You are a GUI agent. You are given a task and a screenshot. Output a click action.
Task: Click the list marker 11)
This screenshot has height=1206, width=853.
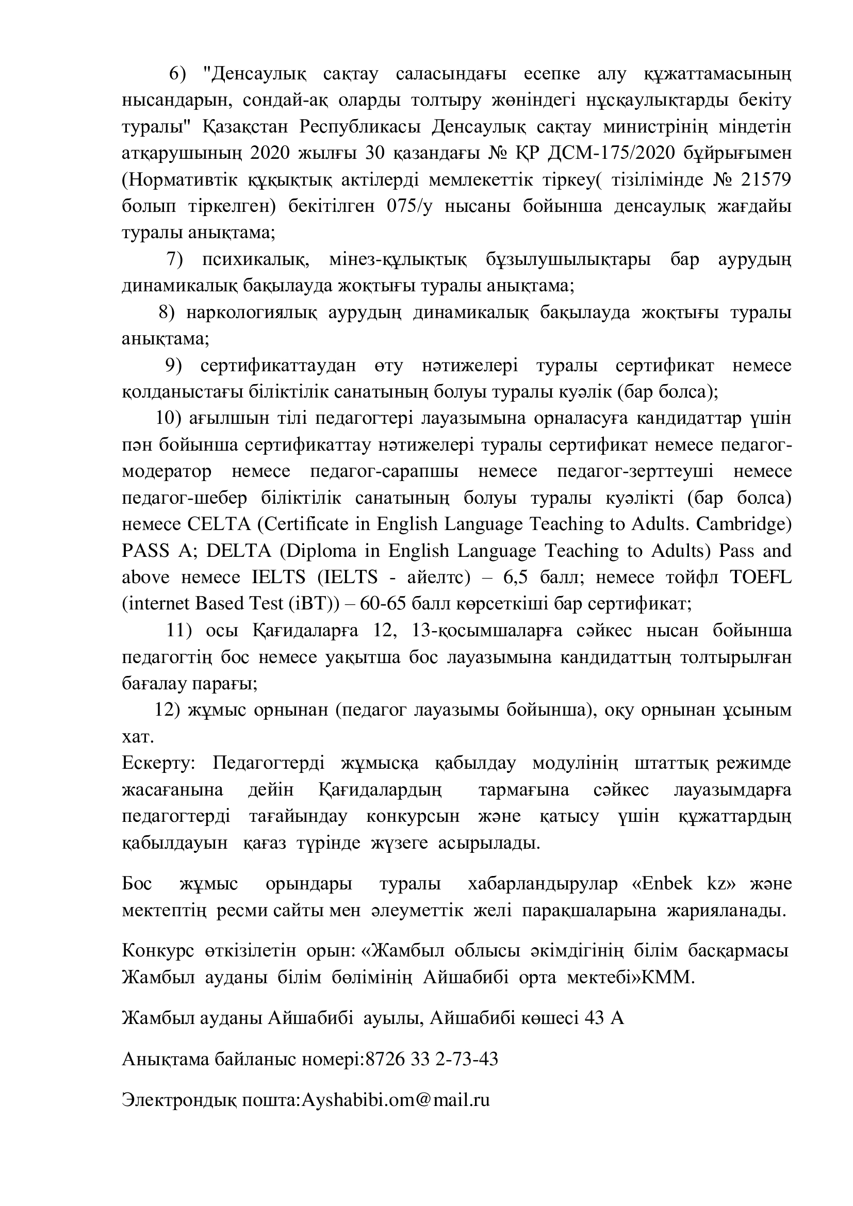tap(179, 631)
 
